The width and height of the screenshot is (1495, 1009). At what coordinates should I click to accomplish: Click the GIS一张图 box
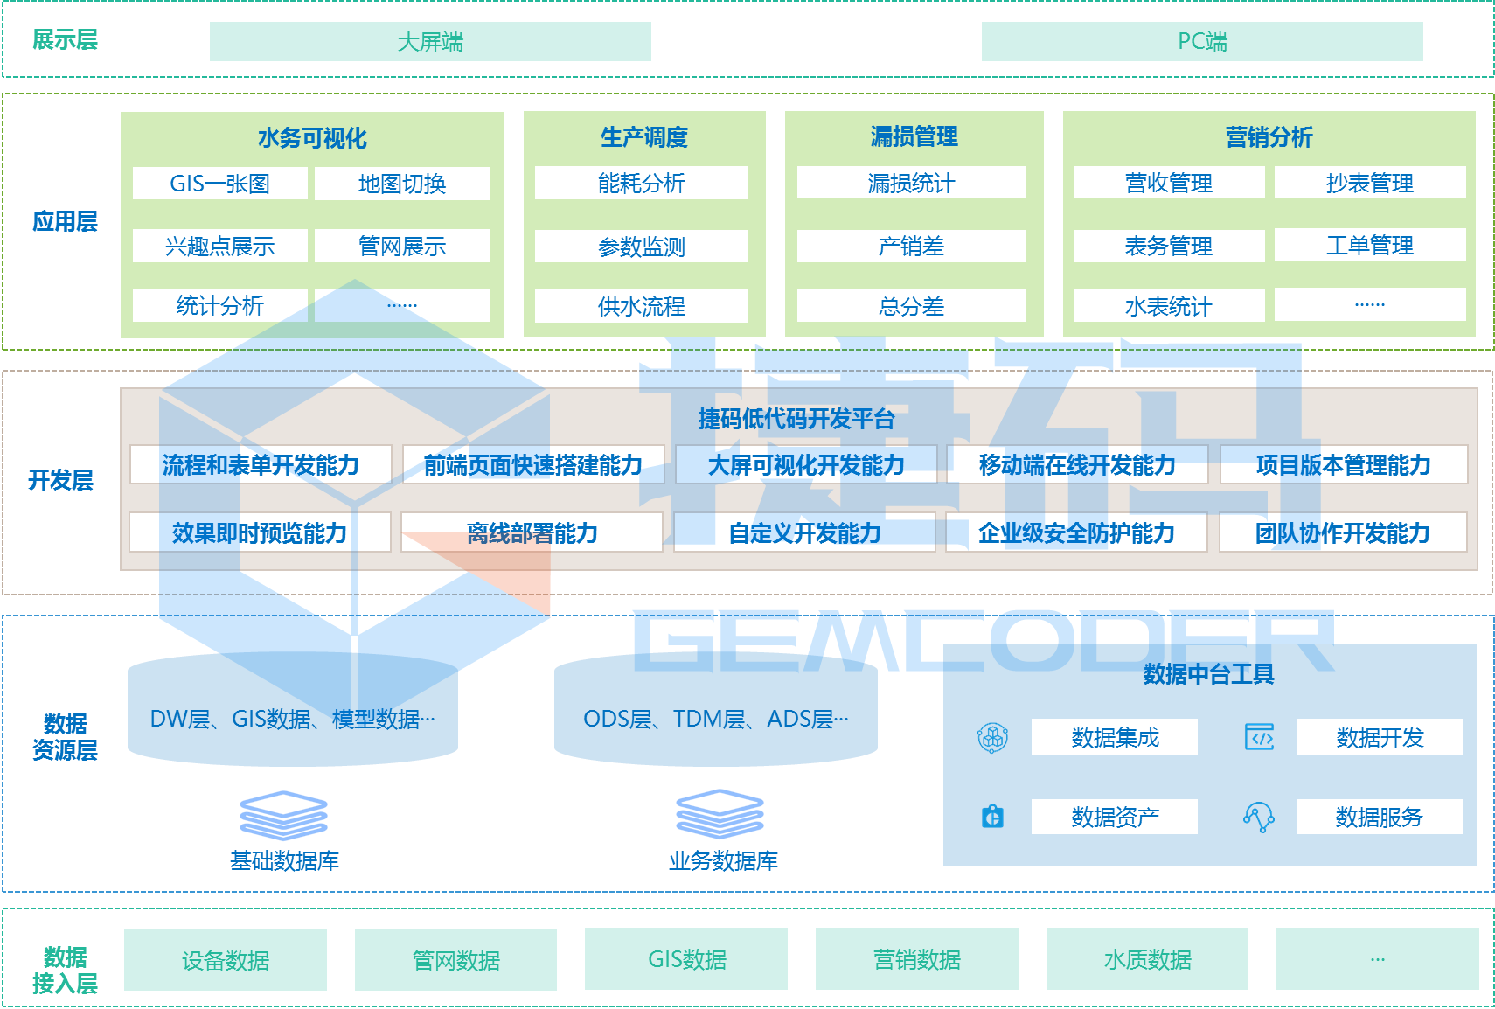(219, 184)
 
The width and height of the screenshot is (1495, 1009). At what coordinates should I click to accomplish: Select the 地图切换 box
(402, 184)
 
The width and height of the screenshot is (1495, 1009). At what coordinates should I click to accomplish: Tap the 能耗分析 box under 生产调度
(641, 183)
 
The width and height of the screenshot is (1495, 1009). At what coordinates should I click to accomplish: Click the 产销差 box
(911, 247)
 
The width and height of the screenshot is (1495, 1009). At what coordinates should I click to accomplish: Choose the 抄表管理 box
(1369, 183)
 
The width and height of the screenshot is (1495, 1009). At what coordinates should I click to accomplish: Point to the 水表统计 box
(1168, 306)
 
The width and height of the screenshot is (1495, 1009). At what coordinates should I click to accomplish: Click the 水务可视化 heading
(312, 137)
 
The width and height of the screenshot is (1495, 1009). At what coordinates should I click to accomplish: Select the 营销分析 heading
(1269, 137)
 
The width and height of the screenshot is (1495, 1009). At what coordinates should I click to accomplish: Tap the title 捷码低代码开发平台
(796, 419)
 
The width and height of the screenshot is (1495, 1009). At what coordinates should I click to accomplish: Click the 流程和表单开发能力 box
(261, 465)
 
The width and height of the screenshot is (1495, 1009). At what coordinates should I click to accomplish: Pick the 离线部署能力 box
(532, 532)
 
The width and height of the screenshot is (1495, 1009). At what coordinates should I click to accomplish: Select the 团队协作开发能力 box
(1343, 532)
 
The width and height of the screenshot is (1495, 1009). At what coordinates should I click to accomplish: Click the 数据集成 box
(1115, 737)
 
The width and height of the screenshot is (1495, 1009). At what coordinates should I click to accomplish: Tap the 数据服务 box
(1379, 817)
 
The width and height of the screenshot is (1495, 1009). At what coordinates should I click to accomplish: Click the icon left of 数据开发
(1259, 737)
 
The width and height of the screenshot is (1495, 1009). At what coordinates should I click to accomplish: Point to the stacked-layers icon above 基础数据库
(283, 815)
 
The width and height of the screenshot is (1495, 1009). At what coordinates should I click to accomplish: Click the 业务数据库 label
(723, 861)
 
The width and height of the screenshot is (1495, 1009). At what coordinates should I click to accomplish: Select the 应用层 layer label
(65, 221)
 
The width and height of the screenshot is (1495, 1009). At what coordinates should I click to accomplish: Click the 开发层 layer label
(60, 480)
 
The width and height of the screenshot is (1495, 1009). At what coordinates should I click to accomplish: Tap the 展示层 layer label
(65, 39)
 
